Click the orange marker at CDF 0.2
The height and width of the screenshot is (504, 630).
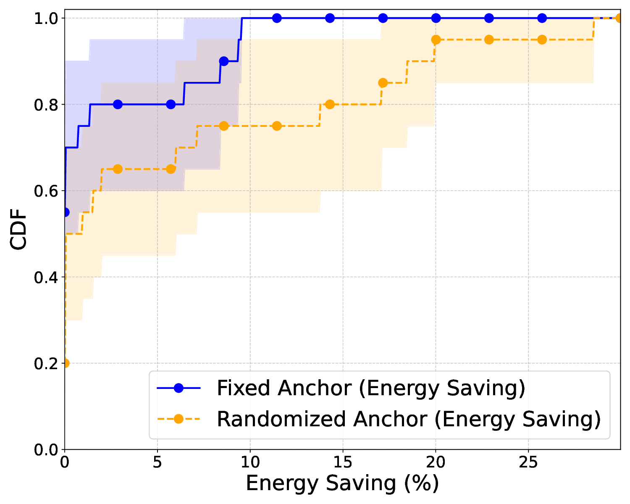[65, 363]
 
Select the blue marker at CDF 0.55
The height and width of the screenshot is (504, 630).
[65, 212]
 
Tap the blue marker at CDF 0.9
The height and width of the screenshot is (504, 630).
[224, 61]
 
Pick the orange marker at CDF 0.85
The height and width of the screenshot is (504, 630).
[383, 83]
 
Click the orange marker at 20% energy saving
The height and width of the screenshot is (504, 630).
[436, 40]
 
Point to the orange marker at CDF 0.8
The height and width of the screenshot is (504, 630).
[330, 104]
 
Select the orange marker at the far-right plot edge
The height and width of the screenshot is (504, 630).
[619, 18]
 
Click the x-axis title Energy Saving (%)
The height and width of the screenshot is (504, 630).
[342, 483]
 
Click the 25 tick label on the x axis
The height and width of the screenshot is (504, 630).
[528, 462]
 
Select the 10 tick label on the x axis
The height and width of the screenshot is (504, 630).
[250, 462]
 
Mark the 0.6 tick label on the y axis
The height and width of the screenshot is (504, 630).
[47, 191]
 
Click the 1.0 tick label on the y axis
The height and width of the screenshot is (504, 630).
[47, 18]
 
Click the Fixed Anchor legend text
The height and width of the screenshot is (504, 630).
[371, 388]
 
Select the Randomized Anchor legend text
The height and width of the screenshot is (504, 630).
[409, 419]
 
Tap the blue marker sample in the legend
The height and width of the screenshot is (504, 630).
[178, 388]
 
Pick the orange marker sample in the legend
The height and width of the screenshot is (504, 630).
[178, 419]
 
